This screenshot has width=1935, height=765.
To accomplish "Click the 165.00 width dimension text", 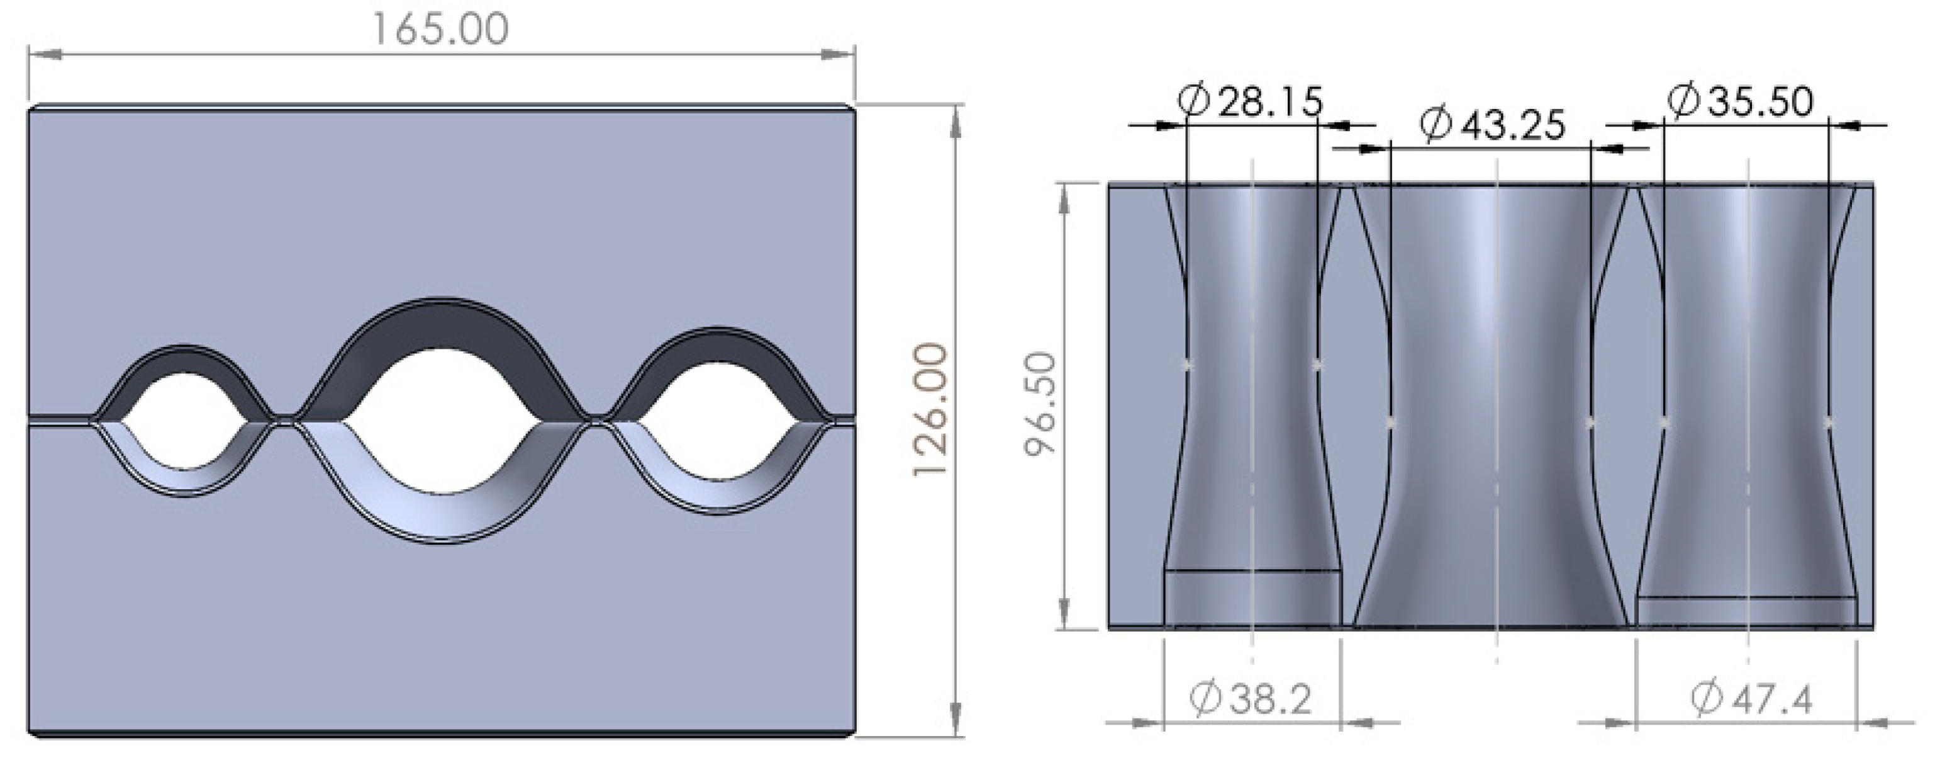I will [441, 31].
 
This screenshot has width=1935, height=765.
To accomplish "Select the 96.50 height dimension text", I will [1041, 405].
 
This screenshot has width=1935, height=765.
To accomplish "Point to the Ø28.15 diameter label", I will [1250, 101].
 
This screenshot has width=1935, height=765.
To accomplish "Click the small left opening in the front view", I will [185, 421].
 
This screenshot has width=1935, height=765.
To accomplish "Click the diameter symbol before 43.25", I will [1436, 125].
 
